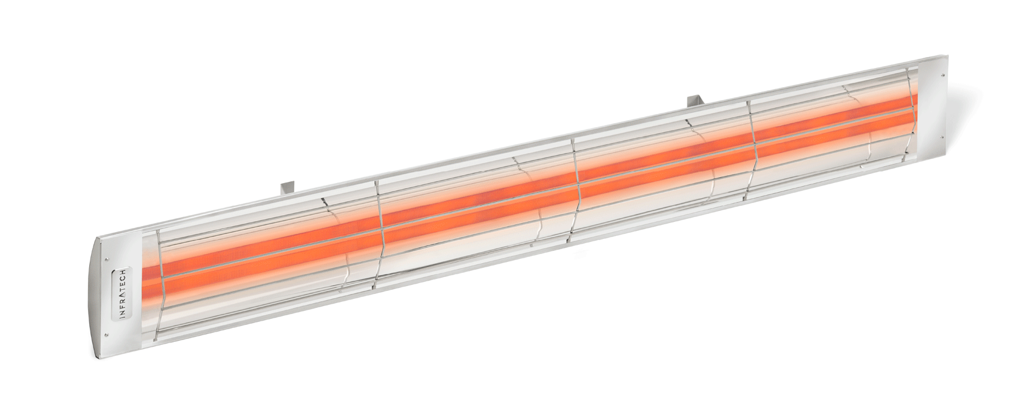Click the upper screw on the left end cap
click(x=107, y=260)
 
